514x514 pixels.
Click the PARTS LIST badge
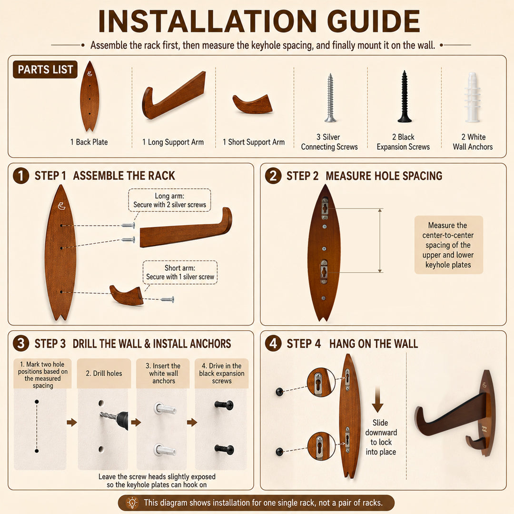coord(45,69)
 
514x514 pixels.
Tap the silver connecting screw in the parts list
coord(330,98)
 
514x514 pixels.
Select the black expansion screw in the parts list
coord(405,96)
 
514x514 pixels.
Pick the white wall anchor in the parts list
coord(473,97)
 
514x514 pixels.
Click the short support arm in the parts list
coord(253,104)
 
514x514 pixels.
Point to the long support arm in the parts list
coord(174,95)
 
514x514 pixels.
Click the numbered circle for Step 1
coord(21,175)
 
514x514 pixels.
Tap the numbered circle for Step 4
coord(273,343)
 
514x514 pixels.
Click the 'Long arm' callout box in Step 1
coord(169,200)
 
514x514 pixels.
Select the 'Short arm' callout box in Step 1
coord(180,272)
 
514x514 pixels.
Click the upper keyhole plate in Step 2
coord(325,208)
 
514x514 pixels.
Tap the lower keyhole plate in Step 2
coord(324,272)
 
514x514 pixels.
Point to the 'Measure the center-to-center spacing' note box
coord(448,245)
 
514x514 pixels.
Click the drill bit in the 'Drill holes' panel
coord(108,416)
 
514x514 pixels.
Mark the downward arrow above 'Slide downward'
coord(377,399)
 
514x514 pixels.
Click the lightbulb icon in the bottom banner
coord(132,503)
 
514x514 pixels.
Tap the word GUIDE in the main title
coord(374,21)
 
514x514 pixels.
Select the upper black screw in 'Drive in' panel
coord(224,405)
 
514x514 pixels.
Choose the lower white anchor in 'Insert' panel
coord(165,450)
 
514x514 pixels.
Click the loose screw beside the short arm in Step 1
coord(167,299)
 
